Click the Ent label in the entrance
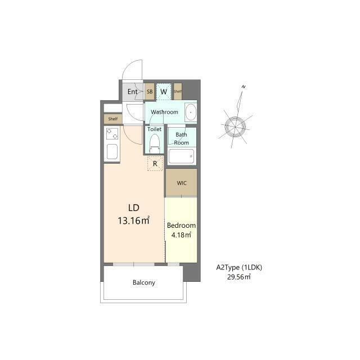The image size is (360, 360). click(x=133, y=92)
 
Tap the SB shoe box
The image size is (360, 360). click(x=150, y=92)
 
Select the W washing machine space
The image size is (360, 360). click(x=164, y=92)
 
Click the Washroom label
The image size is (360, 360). click(x=164, y=112)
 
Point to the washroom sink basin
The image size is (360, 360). click(x=191, y=112)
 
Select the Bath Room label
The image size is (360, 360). click(x=181, y=139)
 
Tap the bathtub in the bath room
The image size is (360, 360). click(x=181, y=156)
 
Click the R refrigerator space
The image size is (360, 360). click(x=155, y=164)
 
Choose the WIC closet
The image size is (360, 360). click(x=181, y=183)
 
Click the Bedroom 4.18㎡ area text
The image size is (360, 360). click(x=181, y=230)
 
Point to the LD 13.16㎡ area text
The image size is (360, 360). click(x=134, y=214)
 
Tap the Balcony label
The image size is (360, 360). click(x=144, y=282)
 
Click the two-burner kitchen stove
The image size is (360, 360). click(x=112, y=134)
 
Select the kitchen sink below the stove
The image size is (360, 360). click(x=112, y=151)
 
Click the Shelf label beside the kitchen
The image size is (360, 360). click(x=112, y=119)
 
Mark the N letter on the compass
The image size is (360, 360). click(x=244, y=87)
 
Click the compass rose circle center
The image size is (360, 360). click(x=235, y=127)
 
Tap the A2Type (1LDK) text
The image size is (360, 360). click(x=239, y=267)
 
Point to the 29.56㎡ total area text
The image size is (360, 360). click(x=238, y=277)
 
